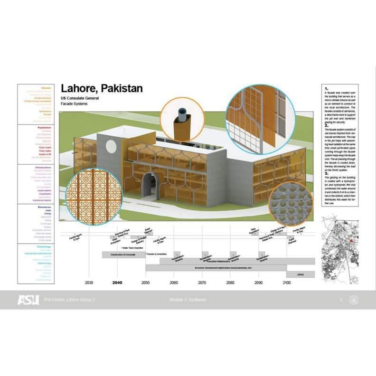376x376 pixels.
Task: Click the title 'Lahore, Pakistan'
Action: (x=102, y=89)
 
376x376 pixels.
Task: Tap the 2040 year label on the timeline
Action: (x=117, y=283)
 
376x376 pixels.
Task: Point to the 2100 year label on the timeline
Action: (x=287, y=283)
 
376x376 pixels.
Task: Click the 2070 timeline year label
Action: (x=202, y=283)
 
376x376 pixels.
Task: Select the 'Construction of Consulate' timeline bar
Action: (x=123, y=255)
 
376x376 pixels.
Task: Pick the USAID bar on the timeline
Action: (x=300, y=275)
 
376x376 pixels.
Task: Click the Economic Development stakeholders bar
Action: (x=216, y=268)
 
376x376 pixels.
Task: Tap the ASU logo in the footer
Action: (x=28, y=300)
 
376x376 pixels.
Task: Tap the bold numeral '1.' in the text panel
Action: (x=327, y=89)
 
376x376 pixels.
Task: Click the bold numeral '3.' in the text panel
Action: (x=327, y=173)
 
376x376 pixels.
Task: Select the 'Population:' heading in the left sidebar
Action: (x=44, y=127)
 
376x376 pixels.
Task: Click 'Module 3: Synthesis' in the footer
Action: (x=188, y=300)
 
